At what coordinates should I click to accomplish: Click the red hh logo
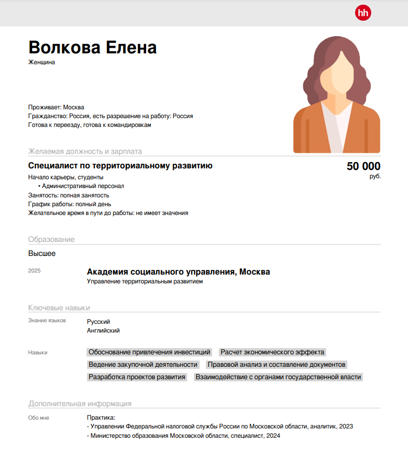tap(363, 13)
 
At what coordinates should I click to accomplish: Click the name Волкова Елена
tap(92, 48)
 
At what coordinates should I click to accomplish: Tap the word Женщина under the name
tap(41, 63)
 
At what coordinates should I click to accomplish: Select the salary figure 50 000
tap(363, 166)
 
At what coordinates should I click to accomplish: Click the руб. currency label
tap(375, 177)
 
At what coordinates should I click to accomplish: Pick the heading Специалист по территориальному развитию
tap(120, 166)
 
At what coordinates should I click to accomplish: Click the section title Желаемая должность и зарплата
tap(85, 151)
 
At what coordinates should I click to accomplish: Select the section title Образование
tap(51, 239)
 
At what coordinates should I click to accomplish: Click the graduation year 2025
tap(34, 271)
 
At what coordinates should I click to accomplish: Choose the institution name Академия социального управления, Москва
tap(178, 272)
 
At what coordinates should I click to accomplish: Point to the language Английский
tap(103, 331)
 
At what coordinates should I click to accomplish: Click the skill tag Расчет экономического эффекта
tap(272, 352)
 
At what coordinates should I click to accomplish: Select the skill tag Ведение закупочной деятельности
tap(143, 365)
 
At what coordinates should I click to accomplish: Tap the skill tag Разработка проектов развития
tap(137, 377)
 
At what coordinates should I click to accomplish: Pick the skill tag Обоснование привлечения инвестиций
tap(149, 352)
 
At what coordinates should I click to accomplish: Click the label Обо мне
tap(39, 418)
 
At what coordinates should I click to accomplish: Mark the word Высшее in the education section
tap(42, 254)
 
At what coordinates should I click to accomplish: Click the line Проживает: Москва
tap(56, 107)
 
